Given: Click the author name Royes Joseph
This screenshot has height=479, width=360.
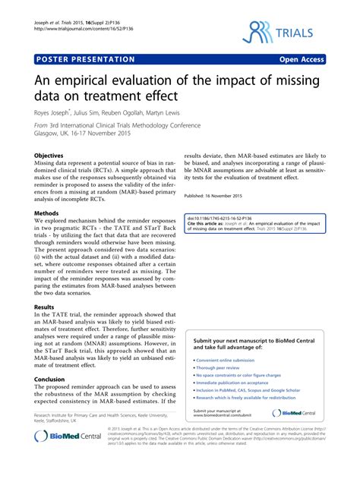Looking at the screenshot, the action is (x=55, y=112).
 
